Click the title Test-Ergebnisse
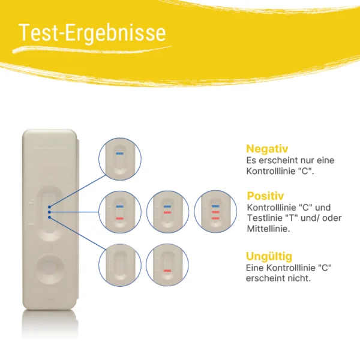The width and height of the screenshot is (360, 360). (x=92, y=32)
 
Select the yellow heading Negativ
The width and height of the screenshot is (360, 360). (x=267, y=149)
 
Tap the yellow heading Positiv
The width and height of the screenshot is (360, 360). (x=265, y=196)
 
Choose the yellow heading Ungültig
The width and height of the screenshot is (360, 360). (x=269, y=256)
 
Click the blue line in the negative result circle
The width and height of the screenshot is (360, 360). (x=119, y=154)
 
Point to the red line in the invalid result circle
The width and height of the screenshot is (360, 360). (x=167, y=271)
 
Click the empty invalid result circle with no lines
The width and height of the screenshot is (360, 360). (x=120, y=265)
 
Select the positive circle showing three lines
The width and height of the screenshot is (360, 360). (x=215, y=212)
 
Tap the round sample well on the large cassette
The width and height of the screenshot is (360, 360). (x=50, y=268)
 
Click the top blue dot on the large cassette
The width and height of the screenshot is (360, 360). (x=49, y=207)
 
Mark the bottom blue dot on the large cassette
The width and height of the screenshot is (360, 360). (x=49, y=217)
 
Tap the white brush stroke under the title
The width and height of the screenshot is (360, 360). (x=92, y=50)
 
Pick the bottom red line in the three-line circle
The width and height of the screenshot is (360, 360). (x=215, y=218)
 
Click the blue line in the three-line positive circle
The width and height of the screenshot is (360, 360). (x=215, y=206)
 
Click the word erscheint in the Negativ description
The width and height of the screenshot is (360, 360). (x=272, y=160)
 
